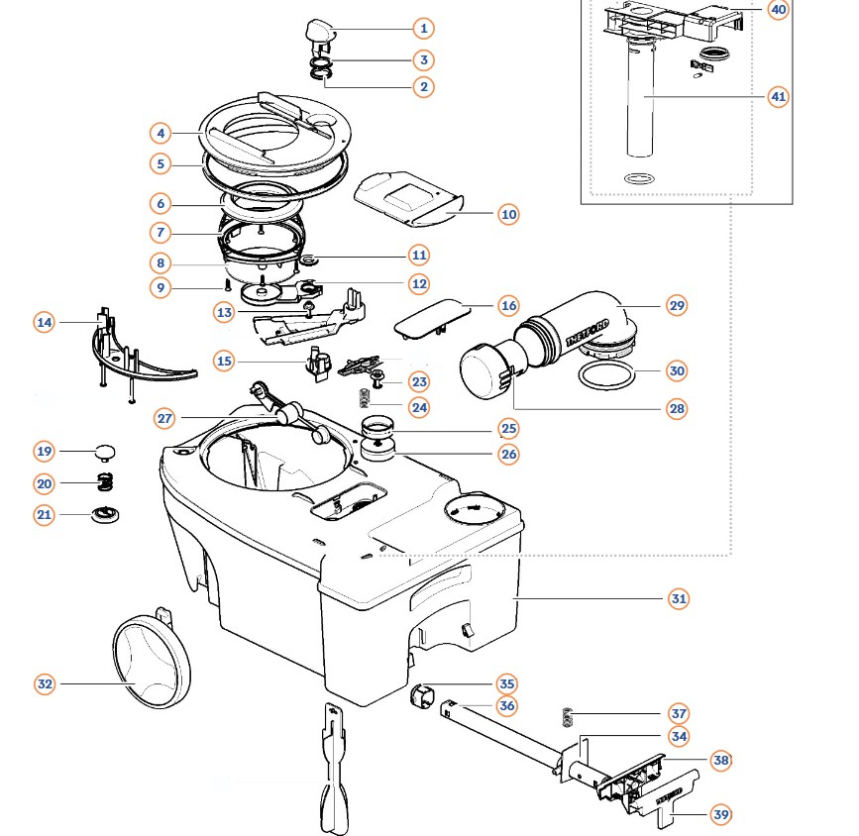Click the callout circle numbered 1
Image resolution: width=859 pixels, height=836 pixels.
tap(423, 28)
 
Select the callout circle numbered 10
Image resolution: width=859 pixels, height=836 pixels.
tap(509, 214)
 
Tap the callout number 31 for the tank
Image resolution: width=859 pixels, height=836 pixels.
tap(679, 599)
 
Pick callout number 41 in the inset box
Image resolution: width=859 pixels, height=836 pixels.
tap(779, 97)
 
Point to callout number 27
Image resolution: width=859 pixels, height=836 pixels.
tap(164, 419)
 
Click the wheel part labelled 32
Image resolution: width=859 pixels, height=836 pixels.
tap(152, 662)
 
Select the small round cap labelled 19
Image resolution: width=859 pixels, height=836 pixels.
tap(106, 453)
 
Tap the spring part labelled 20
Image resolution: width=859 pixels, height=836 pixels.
tap(105, 482)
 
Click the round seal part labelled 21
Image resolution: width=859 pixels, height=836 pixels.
tap(105, 515)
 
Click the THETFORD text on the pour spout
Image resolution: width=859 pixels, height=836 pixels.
tap(588, 332)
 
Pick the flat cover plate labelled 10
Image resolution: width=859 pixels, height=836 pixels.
tap(408, 198)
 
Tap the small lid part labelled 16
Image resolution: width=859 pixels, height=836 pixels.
tap(432, 318)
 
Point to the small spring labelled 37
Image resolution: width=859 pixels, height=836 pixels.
tap(567, 718)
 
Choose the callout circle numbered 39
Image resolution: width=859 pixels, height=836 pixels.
tap(721, 814)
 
